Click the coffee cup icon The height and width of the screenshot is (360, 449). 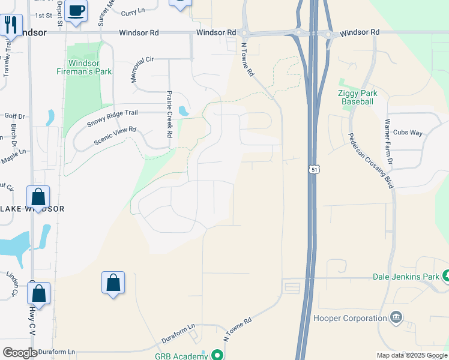pos(76,11)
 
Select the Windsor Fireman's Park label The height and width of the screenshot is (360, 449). pos(90,67)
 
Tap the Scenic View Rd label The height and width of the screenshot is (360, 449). pos(115,136)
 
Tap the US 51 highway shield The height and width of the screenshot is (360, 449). pos(314,170)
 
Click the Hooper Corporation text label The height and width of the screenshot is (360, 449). pos(350,318)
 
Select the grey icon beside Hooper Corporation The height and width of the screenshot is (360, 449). pos(396,317)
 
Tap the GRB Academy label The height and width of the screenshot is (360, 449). pos(181,356)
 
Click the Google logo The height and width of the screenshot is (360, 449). pos(20,353)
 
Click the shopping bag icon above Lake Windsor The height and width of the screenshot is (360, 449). pos(38,197)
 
